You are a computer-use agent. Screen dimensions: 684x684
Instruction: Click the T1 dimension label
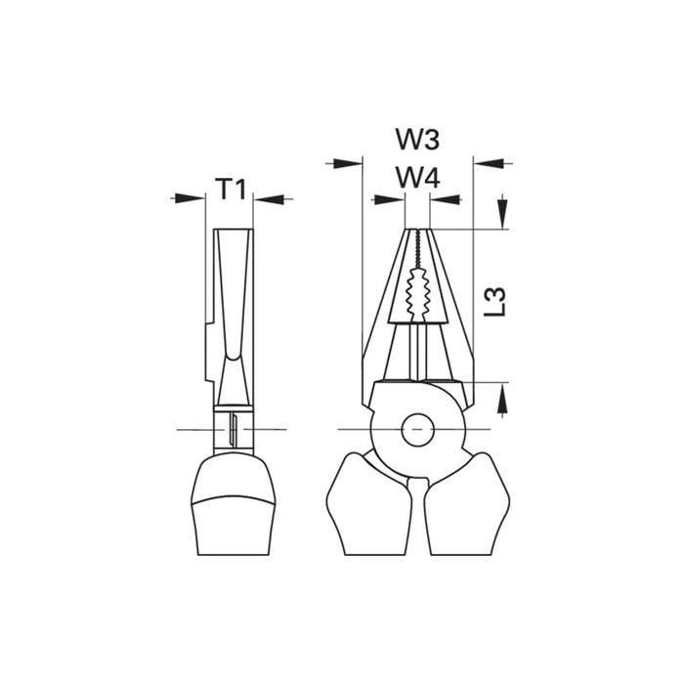coord(232,189)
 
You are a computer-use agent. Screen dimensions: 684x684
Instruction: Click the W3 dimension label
coord(417,139)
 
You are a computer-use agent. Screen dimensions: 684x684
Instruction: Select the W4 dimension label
coord(417,178)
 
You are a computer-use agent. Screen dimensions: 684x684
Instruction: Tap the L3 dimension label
coord(495,301)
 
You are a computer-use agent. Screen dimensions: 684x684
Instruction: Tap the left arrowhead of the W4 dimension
coord(390,199)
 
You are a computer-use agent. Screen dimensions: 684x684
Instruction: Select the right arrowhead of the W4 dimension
coord(446,199)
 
